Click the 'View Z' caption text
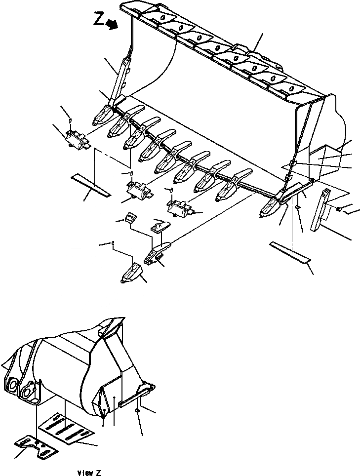click(x=89, y=473)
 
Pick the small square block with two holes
click(x=131, y=218)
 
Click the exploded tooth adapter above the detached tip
click(x=157, y=251)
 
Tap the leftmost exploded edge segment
click(x=76, y=139)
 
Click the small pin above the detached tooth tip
click(x=113, y=243)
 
